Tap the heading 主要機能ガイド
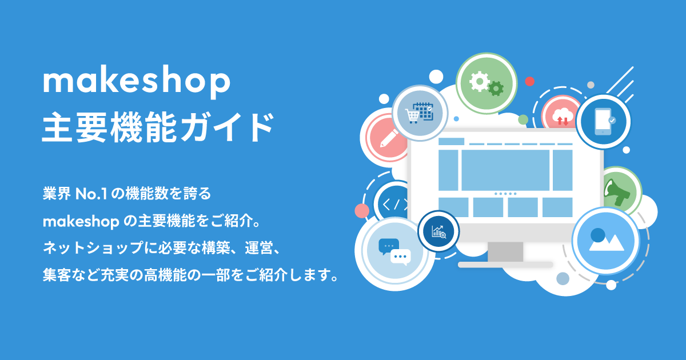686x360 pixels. coord(158,127)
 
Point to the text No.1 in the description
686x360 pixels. coord(91,194)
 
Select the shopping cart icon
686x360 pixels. coord(412,116)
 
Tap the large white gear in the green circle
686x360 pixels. coord(479,81)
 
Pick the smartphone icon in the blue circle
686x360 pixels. coord(603,122)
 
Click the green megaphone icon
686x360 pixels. coord(616,193)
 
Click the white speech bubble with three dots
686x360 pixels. coord(401,257)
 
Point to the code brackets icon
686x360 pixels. coord(395,205)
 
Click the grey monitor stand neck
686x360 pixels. coord(505,251)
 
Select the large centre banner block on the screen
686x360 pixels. coord(505,170)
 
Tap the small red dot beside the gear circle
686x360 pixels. coord(530,81)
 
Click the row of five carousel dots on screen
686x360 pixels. coord(505,194)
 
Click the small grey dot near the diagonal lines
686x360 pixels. coord(591,85)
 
